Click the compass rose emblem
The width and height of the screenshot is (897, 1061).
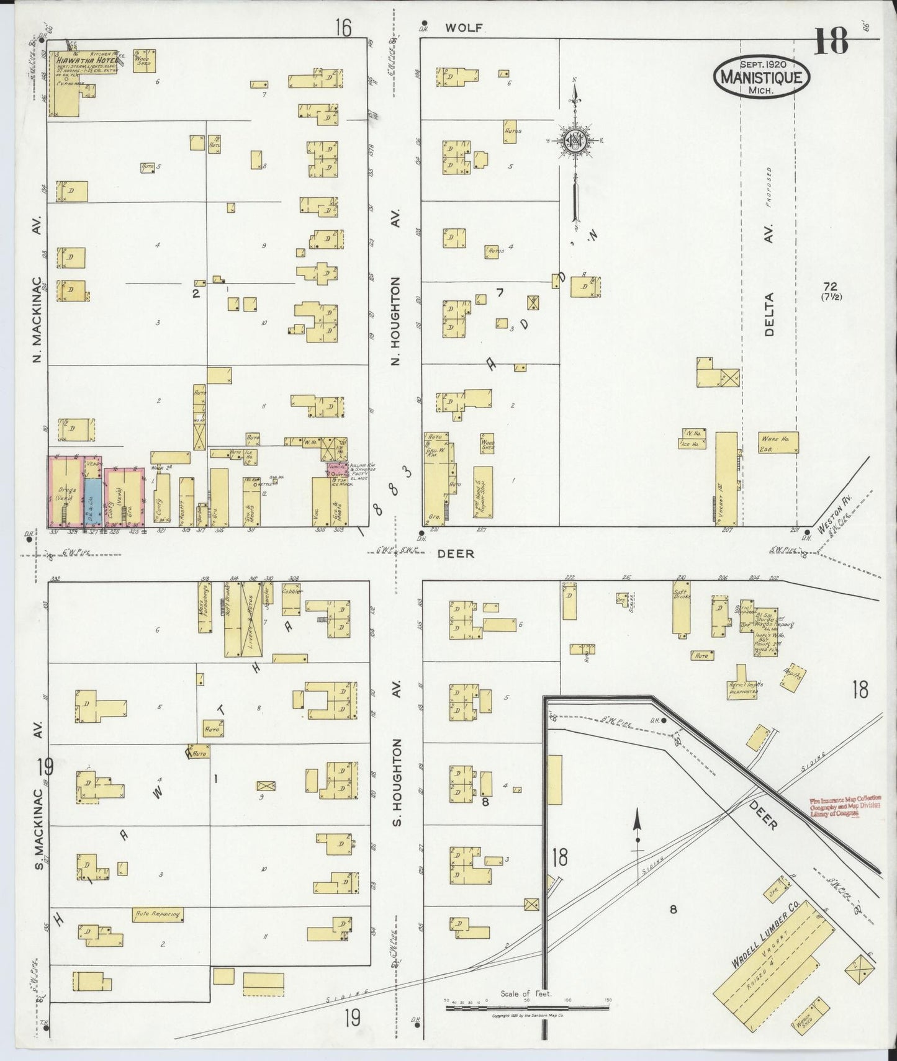575,141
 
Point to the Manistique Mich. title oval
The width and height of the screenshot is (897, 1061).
763,78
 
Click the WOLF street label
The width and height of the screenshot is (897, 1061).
463,28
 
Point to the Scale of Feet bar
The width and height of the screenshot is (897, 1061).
526,1008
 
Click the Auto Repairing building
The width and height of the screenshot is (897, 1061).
158,913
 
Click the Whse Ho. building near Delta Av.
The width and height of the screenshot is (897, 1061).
777,442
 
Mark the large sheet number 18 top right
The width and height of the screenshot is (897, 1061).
831,42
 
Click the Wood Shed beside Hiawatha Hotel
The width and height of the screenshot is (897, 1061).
144,61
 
